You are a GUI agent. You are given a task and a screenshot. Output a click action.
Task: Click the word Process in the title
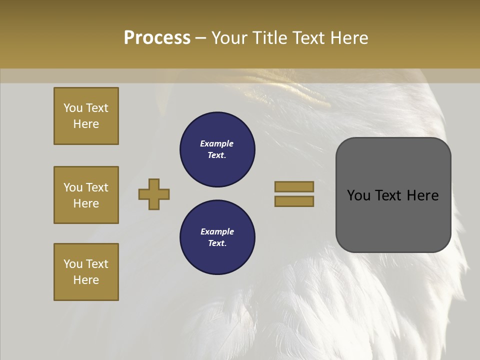point(157,38)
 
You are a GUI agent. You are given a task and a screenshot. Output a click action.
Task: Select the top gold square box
point(86,116)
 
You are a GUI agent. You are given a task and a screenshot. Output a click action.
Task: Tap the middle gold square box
point(86,195)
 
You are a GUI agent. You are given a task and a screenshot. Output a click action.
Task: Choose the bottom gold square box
point(86,272)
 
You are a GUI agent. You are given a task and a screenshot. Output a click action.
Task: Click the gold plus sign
point(154,194)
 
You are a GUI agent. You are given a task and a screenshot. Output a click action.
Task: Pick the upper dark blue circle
point(217,149)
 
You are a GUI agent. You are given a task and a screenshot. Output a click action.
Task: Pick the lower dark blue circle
point(217,237)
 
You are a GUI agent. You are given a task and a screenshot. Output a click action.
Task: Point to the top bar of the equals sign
point(294,186)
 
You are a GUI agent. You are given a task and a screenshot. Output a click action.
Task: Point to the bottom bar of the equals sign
point(294,201)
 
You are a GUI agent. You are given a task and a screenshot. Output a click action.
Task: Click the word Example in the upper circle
point(217,143)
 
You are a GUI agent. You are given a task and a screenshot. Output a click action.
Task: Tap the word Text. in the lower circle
point(217,243)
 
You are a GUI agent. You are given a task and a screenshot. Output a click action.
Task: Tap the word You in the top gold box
point(72,108)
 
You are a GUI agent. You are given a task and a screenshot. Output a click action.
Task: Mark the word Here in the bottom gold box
point(86,280)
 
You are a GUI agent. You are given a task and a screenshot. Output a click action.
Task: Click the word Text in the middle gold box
point(97,187)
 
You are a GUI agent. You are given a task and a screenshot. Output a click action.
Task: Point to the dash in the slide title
point(201,38)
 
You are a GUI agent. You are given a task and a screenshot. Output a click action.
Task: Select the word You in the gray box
point(358,195)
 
